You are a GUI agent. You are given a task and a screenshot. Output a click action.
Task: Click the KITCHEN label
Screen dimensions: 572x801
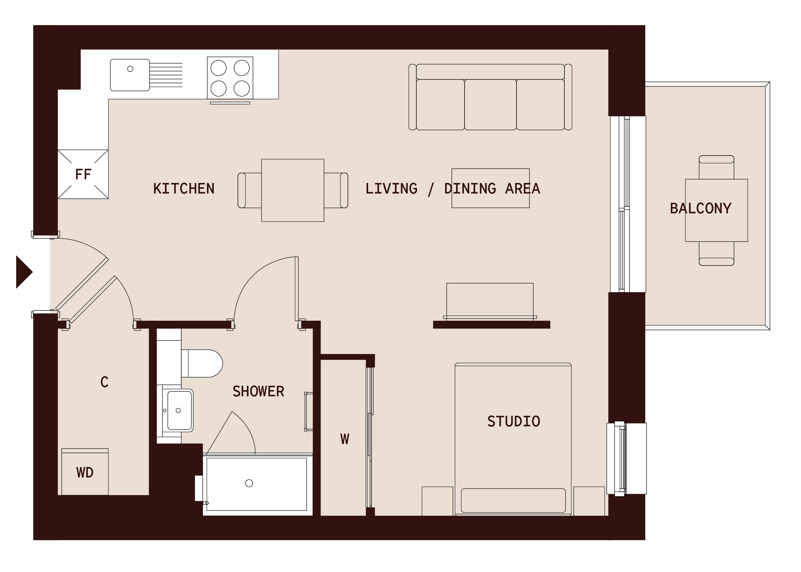tap(184, 189)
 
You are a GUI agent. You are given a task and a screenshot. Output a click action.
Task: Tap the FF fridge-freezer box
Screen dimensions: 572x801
tap(83, 174)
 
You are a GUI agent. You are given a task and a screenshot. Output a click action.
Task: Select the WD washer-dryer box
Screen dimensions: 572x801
tap(85, 472)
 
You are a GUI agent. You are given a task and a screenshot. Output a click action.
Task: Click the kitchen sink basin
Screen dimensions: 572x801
tap(130, 75)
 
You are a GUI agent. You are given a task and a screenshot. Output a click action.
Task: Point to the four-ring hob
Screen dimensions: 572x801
tap(230, 78)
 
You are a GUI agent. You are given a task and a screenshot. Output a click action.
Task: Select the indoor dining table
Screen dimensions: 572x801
tap(292, 190)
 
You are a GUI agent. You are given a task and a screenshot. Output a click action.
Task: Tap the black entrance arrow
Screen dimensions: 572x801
tap(23, 272)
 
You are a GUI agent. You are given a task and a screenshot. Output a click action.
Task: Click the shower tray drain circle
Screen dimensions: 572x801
tap(249, 483)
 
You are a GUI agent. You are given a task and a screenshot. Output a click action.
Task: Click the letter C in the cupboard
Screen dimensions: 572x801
tap(104, 382)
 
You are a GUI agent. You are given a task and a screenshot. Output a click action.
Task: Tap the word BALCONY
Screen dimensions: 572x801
tap(700, 208)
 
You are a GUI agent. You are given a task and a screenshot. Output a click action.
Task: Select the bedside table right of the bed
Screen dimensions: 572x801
tap(589, 501)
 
